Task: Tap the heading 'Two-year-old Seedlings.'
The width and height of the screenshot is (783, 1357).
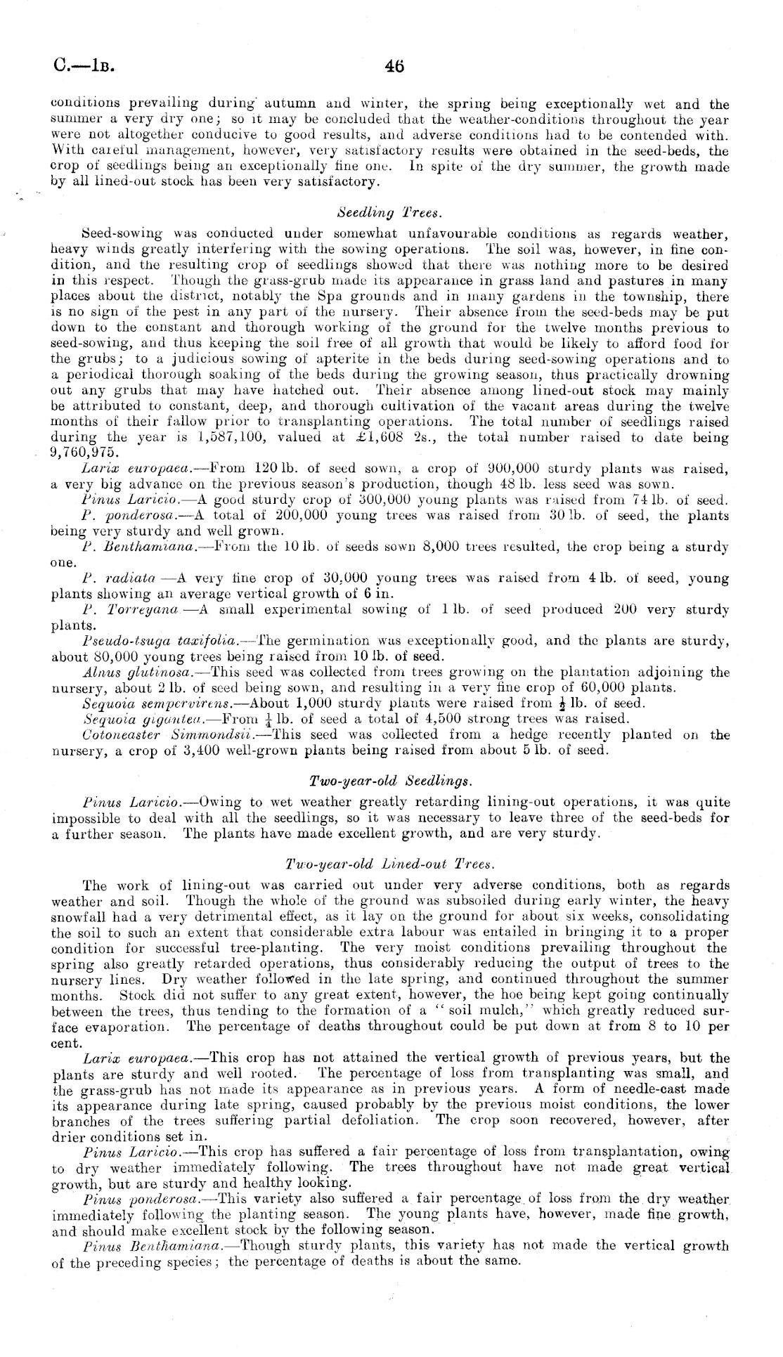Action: (390, 781)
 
